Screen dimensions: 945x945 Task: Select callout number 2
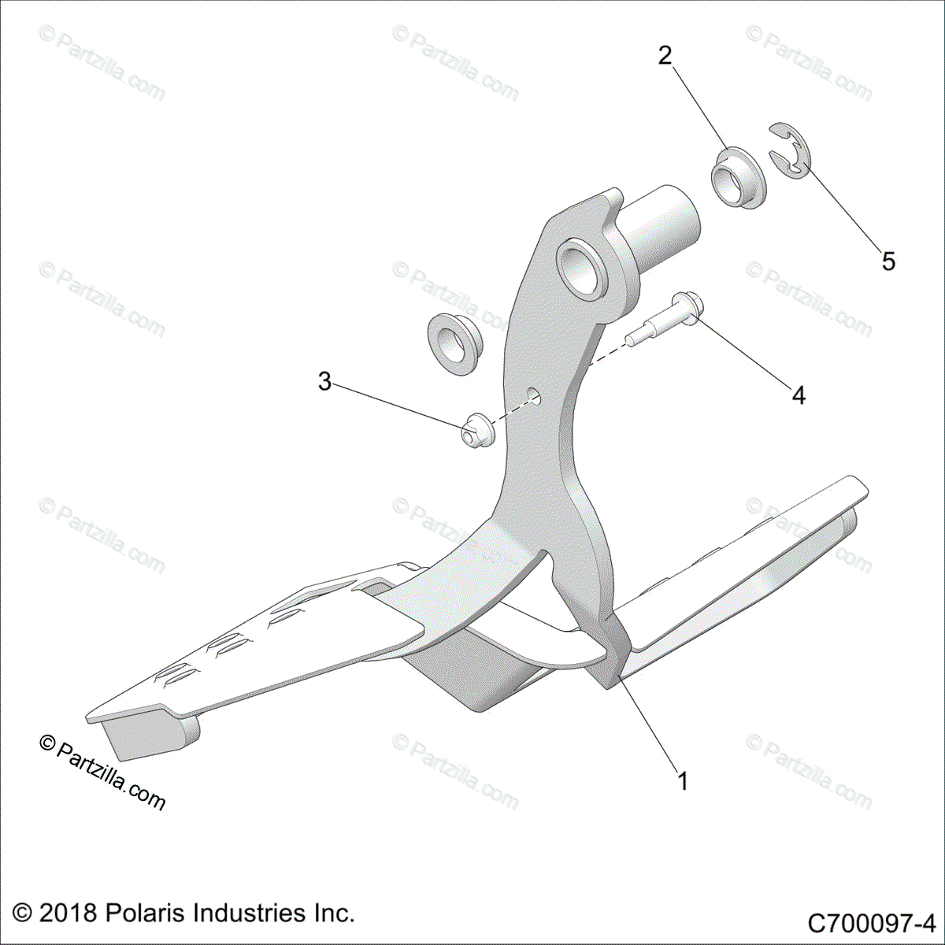[x=665, y=56]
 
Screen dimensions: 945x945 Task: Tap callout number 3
[x=324, y=382]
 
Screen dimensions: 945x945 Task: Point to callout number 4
[x=799, y=395]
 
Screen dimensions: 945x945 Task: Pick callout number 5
[x=888, y=261]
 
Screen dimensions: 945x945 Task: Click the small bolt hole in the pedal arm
[x=535, y=395]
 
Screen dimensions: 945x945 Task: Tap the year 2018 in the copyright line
[x=68, y=913]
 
